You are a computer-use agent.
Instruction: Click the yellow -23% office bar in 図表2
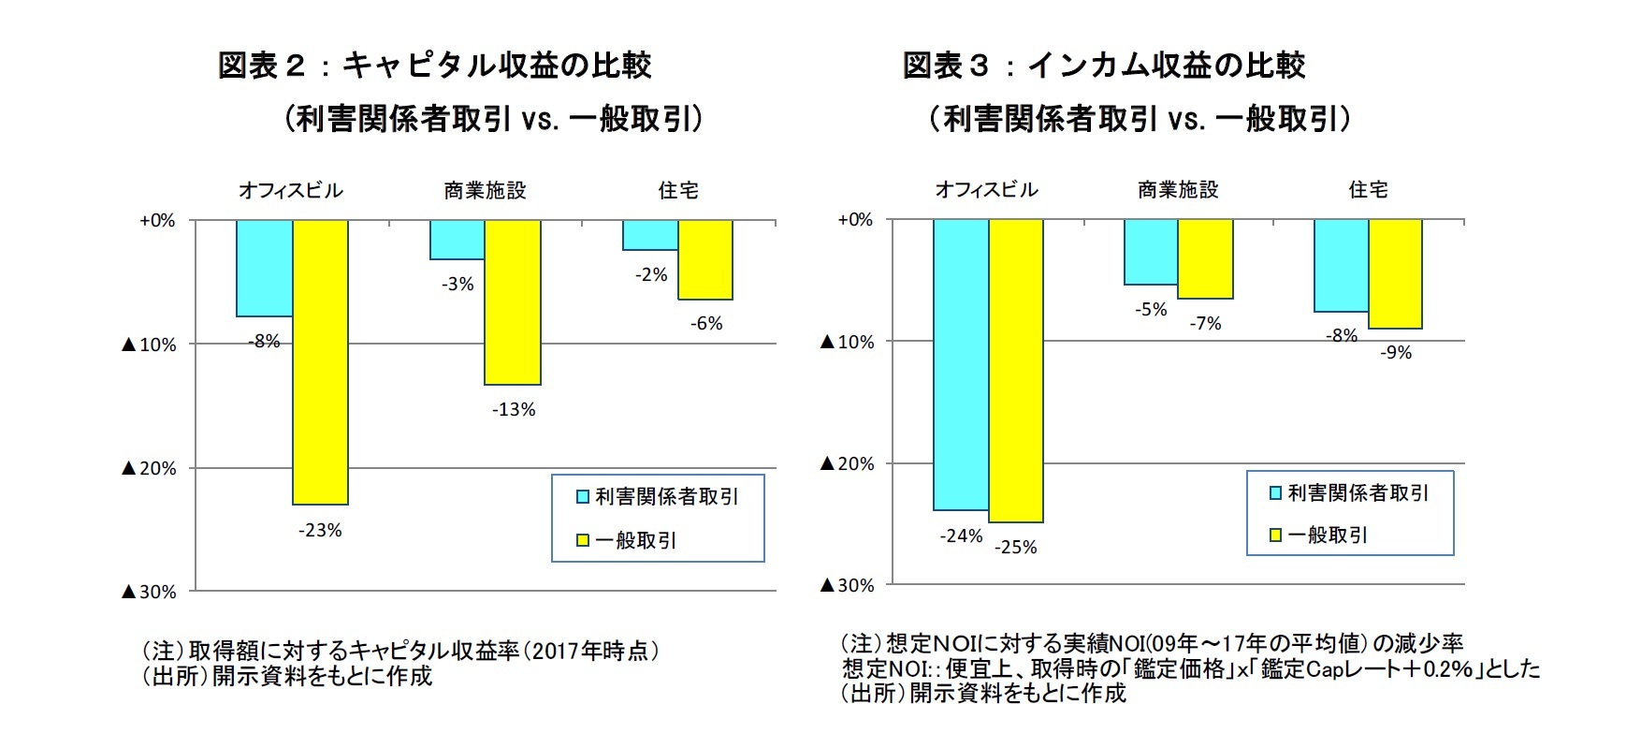click(321, 362)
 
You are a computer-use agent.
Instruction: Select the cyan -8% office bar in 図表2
click(264, 269)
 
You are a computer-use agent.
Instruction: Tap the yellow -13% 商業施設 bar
click(513, 302)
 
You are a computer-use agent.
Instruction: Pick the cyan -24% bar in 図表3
click(961, 365)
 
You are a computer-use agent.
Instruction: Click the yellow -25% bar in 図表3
click(1016, 371)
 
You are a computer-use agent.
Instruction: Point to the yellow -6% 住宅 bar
click(705, 260)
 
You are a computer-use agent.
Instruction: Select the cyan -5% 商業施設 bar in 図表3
click(1151, 252)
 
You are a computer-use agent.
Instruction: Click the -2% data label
click(651, 275)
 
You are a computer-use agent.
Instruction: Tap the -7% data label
click(1206, 324)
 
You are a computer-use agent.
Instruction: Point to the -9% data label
click(1396, 353)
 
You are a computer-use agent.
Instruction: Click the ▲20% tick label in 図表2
click(149, 468)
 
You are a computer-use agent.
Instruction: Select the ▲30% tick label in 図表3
click(847, 585)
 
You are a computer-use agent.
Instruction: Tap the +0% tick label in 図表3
click(855, 220)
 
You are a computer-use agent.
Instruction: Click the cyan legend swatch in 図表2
click(582, 497)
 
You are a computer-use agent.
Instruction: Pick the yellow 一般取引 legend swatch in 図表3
click(1274, 535)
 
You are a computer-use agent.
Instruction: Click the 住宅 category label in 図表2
click(678, 191)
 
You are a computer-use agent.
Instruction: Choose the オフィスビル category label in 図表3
click(987, 190)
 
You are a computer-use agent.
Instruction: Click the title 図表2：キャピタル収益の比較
click(435, 66)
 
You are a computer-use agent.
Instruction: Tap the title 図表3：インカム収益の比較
click(1104, 66)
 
